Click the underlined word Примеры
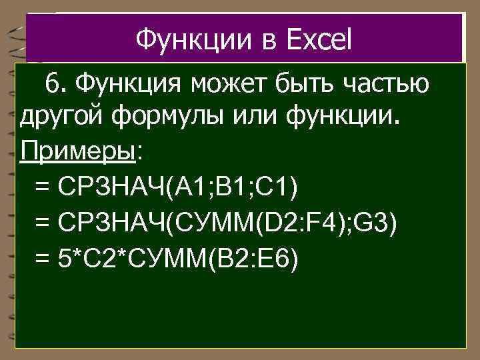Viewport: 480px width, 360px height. [78, 152]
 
